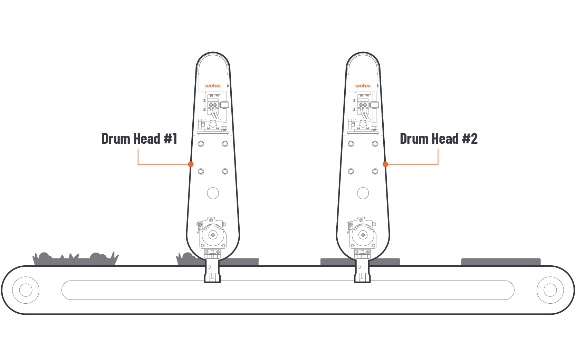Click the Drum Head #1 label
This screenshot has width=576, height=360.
click(x=140, y=139)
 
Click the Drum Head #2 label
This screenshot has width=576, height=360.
click(x=439, y=139)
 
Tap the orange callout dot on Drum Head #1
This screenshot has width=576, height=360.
click(x=191, y=164)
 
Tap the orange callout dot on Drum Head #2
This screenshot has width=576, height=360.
click(x=385, y=164)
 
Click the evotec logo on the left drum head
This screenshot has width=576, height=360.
click(x=213, y=86)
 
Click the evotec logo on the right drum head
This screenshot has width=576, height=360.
click(x=363, y=86)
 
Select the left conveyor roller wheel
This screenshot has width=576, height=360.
click(x=26, y=290)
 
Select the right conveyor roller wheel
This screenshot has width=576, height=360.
click(x=550, y=290)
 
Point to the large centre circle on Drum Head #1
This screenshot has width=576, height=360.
click(x=213, y=193)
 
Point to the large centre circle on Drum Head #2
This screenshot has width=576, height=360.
click(x=363, y=193)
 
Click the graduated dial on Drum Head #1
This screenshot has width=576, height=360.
click(x=213, y=235)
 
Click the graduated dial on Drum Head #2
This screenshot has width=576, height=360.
click(x=363, y=235)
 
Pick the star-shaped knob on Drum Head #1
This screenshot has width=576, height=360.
click(x=213, y=124)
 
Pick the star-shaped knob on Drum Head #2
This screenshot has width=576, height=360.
click(x=363, y=124)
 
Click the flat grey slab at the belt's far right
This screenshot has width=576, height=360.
click(x=501, y=262)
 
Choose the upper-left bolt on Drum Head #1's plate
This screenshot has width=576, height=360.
click(x=201, y=144)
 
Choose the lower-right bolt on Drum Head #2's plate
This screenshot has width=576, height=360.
click(x=375, y=171)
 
